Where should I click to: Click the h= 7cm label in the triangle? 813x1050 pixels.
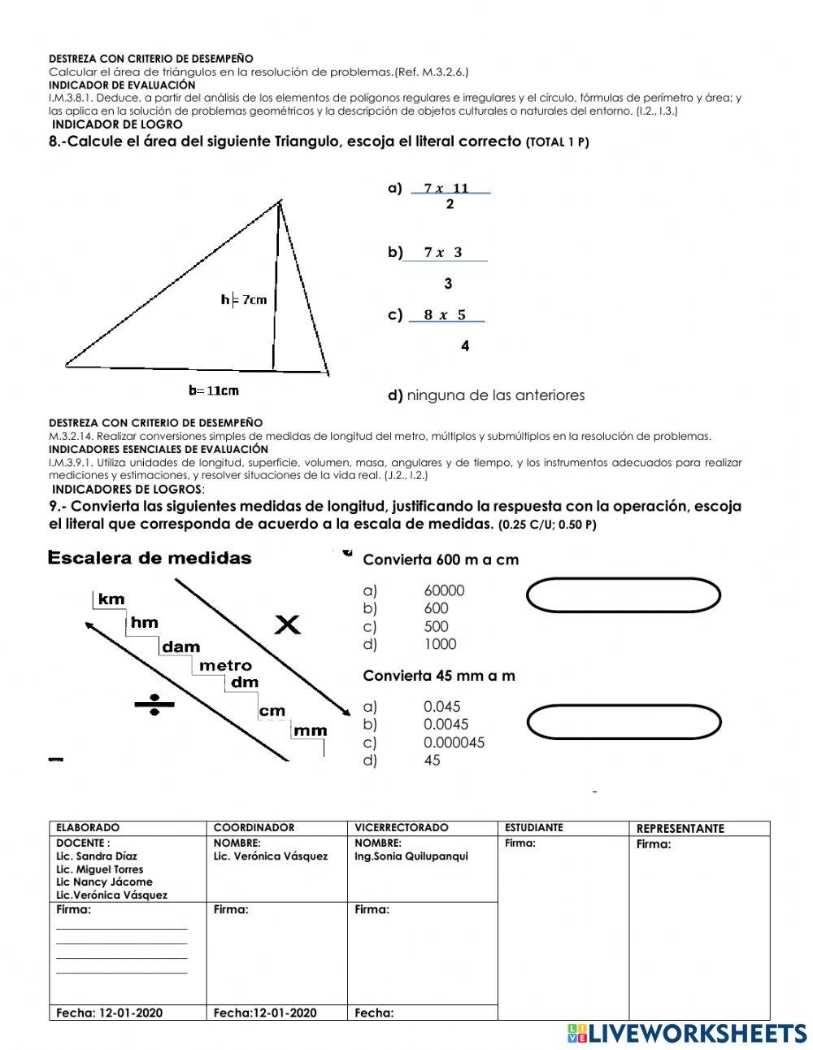click(x=244, y=300)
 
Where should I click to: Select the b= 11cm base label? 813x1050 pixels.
click(x=214, y=390)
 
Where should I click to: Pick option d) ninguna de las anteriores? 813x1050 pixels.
click(x=486, y=396)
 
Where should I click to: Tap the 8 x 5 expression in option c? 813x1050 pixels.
click(x=445, y=316)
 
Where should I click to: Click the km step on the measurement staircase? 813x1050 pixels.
click(x=111, y=599)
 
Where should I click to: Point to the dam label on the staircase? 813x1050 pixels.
click(x=180, y=647)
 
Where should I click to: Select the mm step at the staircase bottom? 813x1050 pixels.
click(x=310, y=730)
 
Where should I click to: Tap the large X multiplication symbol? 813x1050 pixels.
click(x=287, y=625)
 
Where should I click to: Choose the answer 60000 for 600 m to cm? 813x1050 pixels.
click(x=444, y=591)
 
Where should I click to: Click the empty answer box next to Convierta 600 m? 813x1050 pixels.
click(x=624, y=595)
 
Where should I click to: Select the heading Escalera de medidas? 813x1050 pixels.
click(x=150, y=559)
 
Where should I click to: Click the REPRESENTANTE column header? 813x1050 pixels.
click(x=680, y=829)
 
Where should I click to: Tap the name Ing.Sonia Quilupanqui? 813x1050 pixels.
click(x=411, y=856)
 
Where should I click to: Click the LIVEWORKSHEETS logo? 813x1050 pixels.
click(x=687, y=1033)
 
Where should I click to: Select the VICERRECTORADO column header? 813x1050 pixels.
click(x=401, y=828)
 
